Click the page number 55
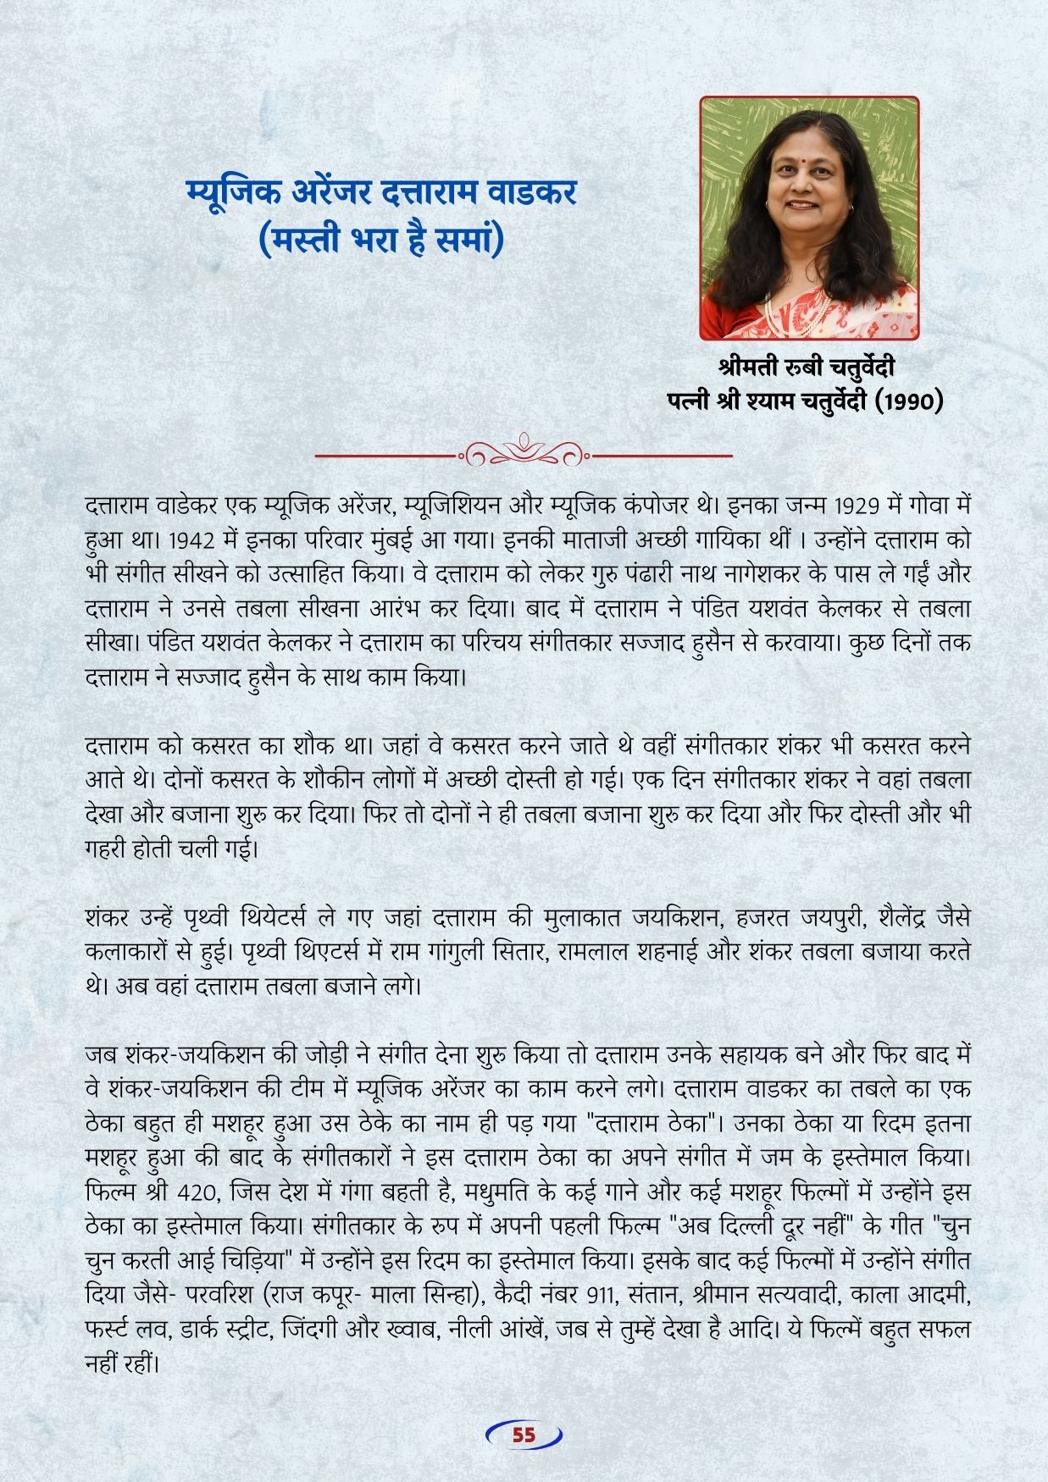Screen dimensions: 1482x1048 tap(524, 1435)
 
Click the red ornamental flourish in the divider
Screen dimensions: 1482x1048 tap(524, 454)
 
